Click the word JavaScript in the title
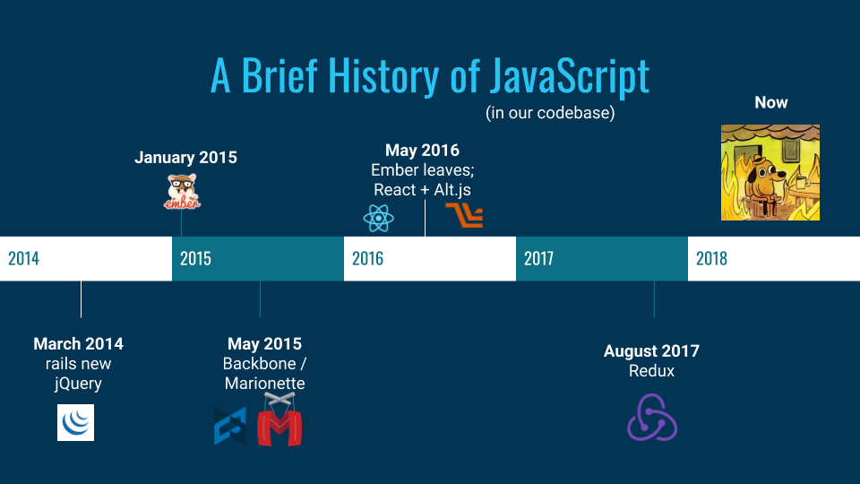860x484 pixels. [570, 76]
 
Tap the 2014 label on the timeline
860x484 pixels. [23, 258]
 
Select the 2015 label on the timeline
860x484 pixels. [195, 258]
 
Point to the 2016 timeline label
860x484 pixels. [367, 258]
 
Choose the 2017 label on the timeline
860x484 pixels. [538, 258]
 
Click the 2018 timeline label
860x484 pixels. [711, 258]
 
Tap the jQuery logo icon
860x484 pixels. [75, 422]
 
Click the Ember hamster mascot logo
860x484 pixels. [182, 192]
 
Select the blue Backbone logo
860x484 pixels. [230, 427]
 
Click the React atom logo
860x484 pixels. [378, 218]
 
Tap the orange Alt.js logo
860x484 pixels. [464, 214]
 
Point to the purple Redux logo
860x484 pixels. [652, 417]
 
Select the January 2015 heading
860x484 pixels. [186, 158]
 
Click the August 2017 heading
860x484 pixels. [651, 351]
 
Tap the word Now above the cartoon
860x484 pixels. [771, 102]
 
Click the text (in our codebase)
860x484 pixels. [550, 113]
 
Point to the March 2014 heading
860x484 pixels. [79, 344]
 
